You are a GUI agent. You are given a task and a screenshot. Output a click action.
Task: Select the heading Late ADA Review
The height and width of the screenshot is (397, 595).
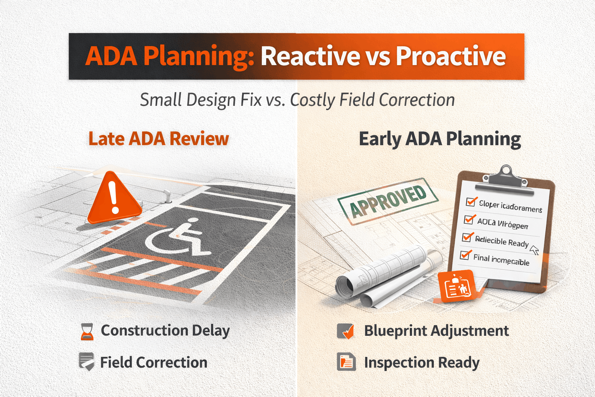(x=158, y=139)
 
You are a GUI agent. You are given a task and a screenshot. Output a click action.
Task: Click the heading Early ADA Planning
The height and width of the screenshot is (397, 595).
(x=440, y=139)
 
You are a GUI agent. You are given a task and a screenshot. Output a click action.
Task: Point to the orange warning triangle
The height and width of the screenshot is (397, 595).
(x=114, y=200)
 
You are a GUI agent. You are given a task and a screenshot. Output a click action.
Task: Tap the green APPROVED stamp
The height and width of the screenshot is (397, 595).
(x=388, y=201)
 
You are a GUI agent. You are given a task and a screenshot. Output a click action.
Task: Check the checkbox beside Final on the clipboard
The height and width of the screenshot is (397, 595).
(x=465, y=255)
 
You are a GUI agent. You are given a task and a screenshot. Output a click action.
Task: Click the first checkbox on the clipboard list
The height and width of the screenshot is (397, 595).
(x=471, y=202)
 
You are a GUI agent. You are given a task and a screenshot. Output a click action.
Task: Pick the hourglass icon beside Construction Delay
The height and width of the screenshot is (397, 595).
(x=87, y=331)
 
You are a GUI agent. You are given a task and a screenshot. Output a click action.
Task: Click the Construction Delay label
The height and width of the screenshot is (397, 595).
(x=165, y=331)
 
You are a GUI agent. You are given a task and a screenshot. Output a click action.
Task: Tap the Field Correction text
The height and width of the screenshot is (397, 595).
(x=153, y=362)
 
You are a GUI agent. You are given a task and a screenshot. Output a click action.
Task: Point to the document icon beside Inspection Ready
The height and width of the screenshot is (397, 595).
(x=346, y=362)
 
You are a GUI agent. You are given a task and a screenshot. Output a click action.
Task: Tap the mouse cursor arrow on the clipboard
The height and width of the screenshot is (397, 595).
(x=534, y=250)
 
